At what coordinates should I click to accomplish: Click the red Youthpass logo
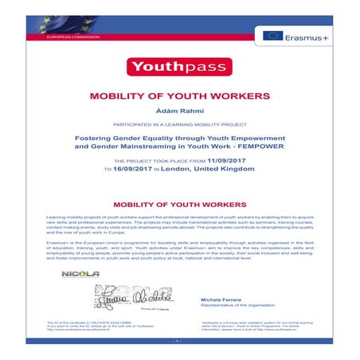(x=179, y=66)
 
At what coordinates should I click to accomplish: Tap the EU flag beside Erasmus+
(x=273, y=35)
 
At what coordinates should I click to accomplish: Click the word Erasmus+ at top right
(x=306, y=35)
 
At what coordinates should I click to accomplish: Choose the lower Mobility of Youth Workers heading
(x=179, y=205)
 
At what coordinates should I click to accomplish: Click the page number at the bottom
(x=179, y=342)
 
